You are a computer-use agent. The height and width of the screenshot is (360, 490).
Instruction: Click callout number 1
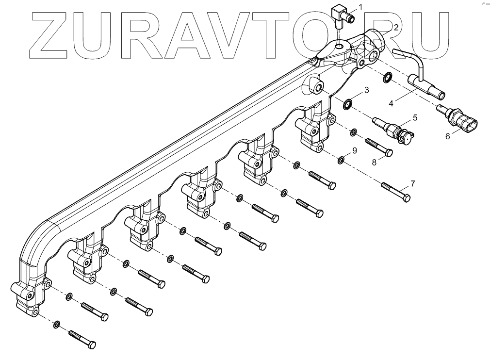(360, 6)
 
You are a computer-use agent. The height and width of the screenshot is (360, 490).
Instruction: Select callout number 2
(396, 28)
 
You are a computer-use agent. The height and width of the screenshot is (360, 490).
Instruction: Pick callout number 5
(415, 117)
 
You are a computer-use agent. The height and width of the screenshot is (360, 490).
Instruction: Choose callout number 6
(447, 137)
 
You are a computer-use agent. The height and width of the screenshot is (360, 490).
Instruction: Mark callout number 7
(412, 183)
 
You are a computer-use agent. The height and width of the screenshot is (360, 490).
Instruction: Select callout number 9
(355, 150)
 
